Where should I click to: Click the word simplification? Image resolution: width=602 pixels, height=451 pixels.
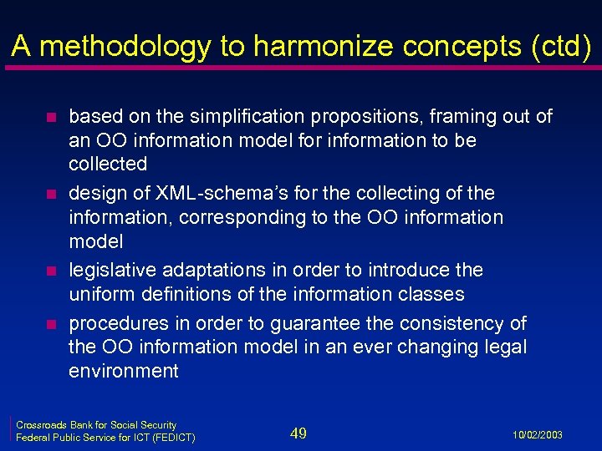pos(217,117)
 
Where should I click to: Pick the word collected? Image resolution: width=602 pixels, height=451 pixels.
pos(108,164)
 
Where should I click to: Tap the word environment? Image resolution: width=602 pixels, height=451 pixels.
pos(124,371)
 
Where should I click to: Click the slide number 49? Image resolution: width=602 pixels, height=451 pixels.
pos(298,433)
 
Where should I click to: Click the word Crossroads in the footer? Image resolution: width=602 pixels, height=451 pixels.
pos(41,425)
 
